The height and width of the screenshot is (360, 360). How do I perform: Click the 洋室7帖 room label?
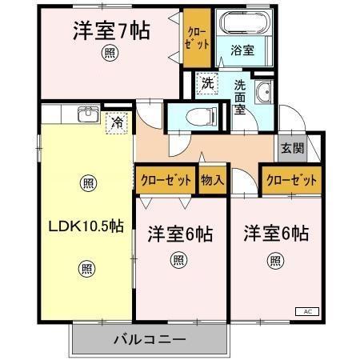[113, 31]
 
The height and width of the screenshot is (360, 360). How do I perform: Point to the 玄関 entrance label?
[292, 148]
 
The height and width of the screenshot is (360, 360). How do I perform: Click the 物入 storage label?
[212, 179]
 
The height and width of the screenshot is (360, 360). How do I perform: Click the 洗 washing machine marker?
[207, 82]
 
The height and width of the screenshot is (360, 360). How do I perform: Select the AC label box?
[308, 310]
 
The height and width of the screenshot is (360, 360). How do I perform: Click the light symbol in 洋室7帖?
[107, 54]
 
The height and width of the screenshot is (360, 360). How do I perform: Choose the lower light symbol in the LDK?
[87, 268]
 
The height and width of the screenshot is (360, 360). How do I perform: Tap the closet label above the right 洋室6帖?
[292, 179]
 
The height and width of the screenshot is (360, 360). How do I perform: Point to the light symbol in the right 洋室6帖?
[275, 259]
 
